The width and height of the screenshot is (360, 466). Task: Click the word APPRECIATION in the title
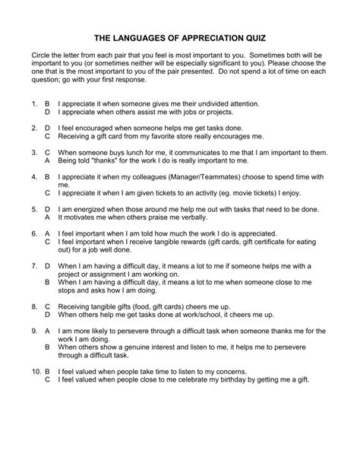click(194, 36)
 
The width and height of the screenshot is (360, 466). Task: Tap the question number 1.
click(35, 102)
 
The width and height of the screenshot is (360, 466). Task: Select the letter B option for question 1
click(47, 102)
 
